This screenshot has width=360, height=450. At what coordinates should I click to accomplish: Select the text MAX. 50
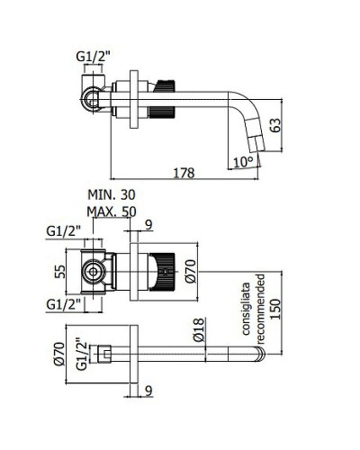(x=112, y=211)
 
